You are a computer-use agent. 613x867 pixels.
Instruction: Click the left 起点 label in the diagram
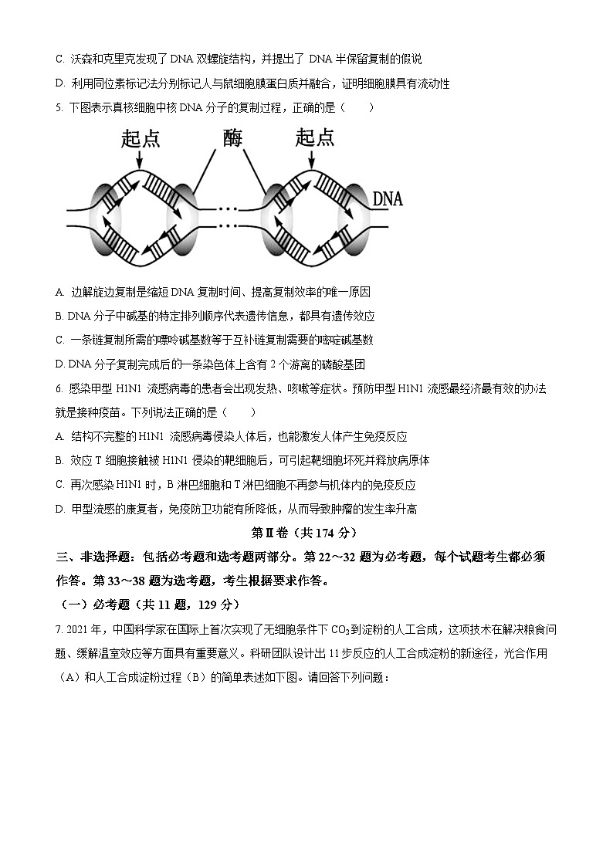click(x=141, y=139)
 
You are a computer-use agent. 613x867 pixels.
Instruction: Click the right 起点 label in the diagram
click(x=315, y=138)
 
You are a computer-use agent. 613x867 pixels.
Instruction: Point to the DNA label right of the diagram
click(x=388, y=199)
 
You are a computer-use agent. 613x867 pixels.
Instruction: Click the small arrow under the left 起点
click(x=140, y=160)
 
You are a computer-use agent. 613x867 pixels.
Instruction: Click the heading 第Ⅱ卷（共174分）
click(x=305, y=533)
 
